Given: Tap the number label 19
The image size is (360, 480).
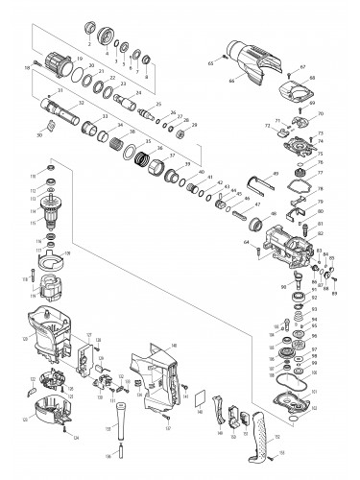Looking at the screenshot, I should (79, 60).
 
